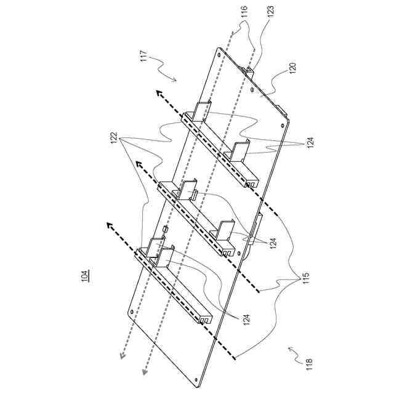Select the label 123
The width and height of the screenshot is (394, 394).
point(270,10)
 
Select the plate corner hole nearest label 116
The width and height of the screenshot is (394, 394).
point(220,54)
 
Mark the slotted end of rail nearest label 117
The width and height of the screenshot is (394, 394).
point(251,183)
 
